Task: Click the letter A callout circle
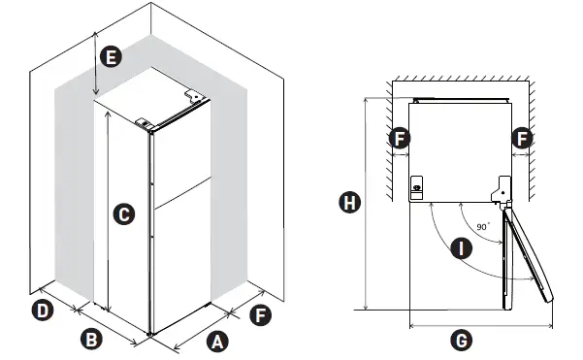[x=217, y=342]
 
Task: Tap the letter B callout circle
[x=91, y=340]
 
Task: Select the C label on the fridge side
[x=124, y=214]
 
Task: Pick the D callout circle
[x=43, y=311]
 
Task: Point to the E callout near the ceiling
[x=111, y=57]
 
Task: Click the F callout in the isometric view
[x=260, y=315]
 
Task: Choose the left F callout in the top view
[x=400, y=139]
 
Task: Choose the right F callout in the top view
[x=522, y=139]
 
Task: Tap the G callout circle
[x=462, y=341]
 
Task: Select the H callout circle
[x=349, y=203]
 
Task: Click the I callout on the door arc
[x=461, y=248]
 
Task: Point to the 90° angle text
[x=483, y=226]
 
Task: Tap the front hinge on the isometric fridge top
[x=144, y=123]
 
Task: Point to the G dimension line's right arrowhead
[x=550, y=326]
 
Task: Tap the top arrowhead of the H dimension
[x=367, y=100]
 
